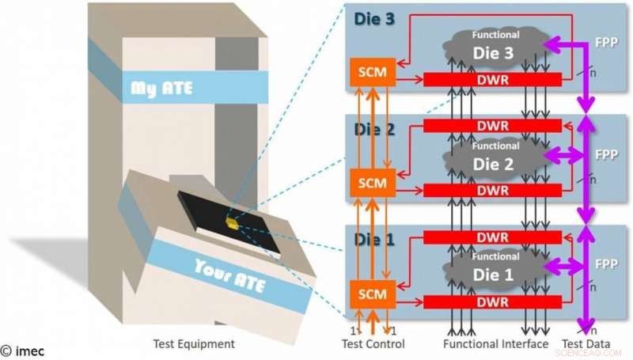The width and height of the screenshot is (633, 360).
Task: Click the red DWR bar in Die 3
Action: tap(492, 80)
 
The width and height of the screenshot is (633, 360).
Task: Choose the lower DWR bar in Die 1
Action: tap(492, 301)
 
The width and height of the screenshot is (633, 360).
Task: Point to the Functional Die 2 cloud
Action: tap(495, 159)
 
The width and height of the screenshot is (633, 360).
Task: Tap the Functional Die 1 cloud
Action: tap(495, 270)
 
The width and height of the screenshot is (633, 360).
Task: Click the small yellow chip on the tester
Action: tap(230, 222)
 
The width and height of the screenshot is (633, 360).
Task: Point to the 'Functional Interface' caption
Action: tap(495, 344)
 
